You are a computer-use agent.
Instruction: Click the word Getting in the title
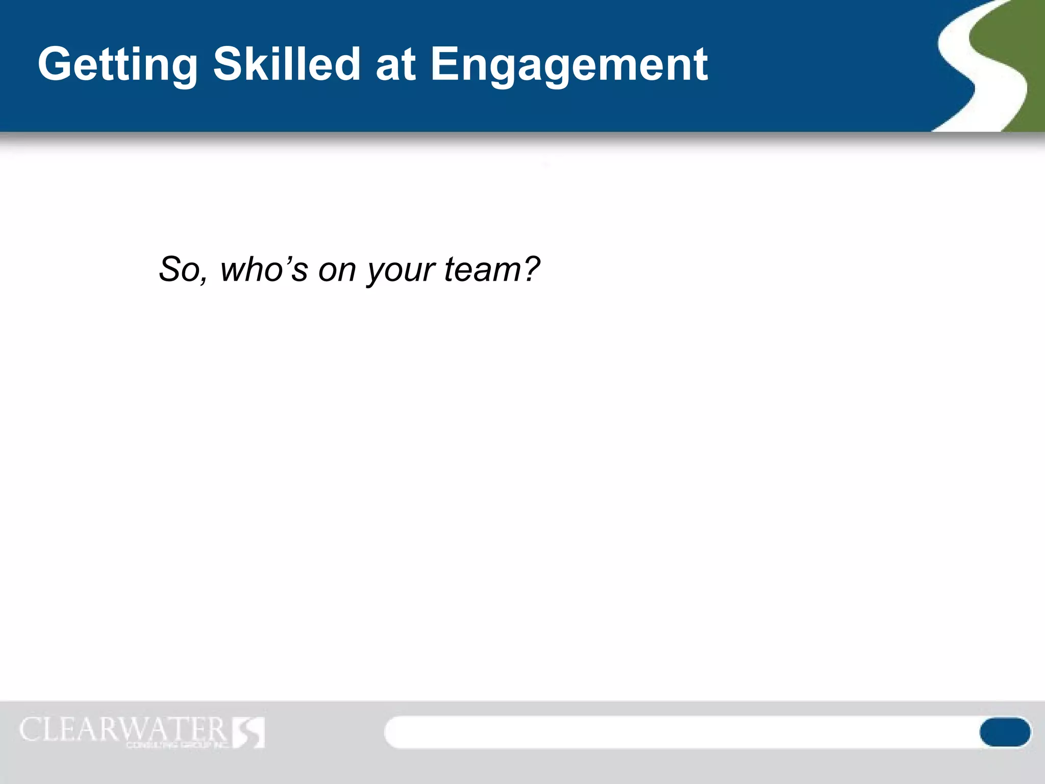117,64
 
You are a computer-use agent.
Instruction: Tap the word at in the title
395,65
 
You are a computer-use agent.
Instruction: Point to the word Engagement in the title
569,65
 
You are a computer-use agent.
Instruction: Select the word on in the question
337,270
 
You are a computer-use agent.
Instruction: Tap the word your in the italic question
401,270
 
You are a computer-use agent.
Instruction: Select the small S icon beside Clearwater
249,732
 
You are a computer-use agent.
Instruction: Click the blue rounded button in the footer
1004,732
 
